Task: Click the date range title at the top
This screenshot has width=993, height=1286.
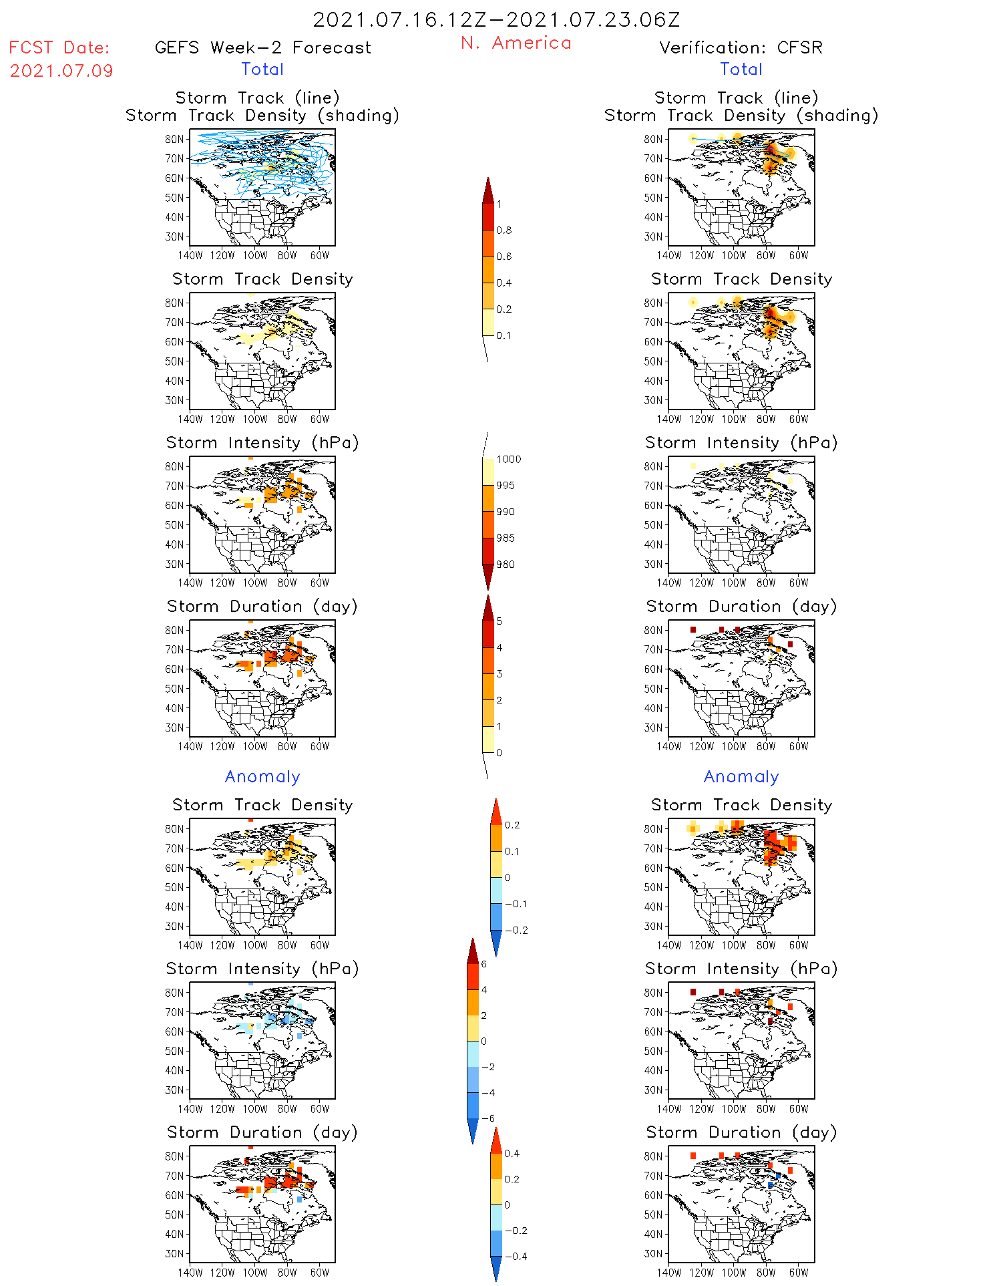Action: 496,20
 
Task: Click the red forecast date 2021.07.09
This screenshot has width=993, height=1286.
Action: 61,71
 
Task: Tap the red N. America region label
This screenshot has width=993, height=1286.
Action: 516,43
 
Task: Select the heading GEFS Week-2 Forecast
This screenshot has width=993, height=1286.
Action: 262,47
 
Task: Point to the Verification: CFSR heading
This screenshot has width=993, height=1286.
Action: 741,47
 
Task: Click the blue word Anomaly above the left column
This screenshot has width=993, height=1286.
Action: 262,776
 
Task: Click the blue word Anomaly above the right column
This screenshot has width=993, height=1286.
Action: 741,776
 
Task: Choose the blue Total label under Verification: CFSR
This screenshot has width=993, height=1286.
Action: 741,69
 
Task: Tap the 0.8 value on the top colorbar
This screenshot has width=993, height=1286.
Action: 504,230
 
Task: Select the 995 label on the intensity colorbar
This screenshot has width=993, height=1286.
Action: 506,486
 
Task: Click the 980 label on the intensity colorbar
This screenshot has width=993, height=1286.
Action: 506,565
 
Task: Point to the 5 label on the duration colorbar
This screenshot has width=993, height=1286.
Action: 500,621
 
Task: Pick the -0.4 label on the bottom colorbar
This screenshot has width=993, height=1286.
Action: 516,1256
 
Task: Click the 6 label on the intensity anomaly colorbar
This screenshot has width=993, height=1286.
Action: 483,964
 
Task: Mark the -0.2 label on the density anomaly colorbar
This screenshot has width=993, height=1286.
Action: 516,930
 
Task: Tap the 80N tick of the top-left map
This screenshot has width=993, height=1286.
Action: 174,139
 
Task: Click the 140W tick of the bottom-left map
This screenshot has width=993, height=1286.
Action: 190,1272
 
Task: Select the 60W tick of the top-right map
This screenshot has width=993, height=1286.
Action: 799,255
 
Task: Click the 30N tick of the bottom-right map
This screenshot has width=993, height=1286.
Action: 653,1253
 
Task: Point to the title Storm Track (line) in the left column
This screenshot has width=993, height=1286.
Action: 257,98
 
